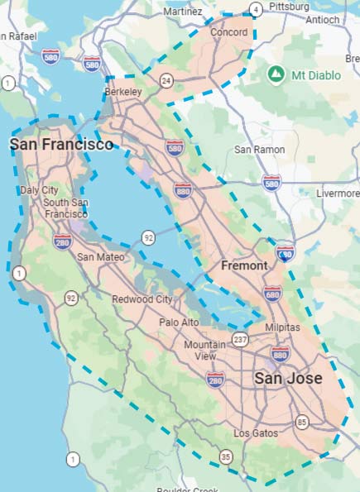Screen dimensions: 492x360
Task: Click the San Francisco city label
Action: click(x=61, y=145)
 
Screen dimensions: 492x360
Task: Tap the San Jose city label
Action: click(x=288, y=379)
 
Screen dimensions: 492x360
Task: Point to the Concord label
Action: click(x=229, y=31)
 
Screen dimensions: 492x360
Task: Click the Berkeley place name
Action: click(x=122, y=91)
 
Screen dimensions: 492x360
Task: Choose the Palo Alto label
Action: click(x=180, y=322)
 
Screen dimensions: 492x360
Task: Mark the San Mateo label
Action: click(x=100, y=257)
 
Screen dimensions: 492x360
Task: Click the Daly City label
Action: click(x=39, y=190)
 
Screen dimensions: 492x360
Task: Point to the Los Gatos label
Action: click(x=253, y=433)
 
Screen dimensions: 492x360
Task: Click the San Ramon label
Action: click(x=259, y=150)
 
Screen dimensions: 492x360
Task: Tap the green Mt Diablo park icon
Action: click(x=276, y=75)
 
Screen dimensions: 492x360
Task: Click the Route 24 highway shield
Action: click(x=166, y=80)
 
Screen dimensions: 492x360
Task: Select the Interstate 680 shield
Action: click(x=273, y=293)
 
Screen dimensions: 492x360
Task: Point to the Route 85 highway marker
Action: click(x=301, y=424)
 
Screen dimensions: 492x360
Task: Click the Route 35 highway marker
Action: click(x=226, y=456)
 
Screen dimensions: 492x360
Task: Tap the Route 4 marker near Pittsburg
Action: click(x=257, y=9)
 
